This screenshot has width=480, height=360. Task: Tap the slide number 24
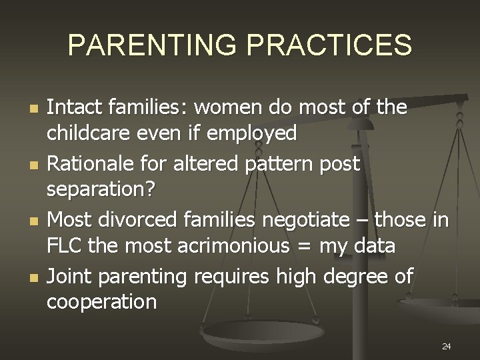(446, 346)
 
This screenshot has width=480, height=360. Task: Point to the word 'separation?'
(100, 190)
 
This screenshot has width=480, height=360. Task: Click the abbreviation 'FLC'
(64, 246)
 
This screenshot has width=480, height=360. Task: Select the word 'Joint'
(68, 274)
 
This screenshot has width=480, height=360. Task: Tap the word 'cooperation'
(101, 302)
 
